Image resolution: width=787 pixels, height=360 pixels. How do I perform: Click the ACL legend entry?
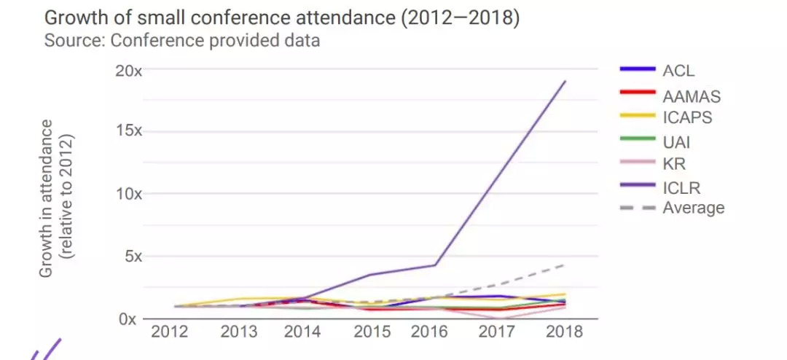(x=678, y=71)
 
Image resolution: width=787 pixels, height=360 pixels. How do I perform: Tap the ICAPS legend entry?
(x=687, y=116)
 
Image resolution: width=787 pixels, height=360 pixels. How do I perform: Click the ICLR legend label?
(x=681, y=187)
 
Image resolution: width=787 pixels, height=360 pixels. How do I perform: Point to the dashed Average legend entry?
(x=693, y=208)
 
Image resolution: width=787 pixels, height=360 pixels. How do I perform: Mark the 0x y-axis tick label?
(x=132, y=319)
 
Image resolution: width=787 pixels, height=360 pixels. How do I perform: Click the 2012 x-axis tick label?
(x=169, y=332)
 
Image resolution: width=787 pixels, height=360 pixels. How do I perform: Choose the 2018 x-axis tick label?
(x=564, y=332)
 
